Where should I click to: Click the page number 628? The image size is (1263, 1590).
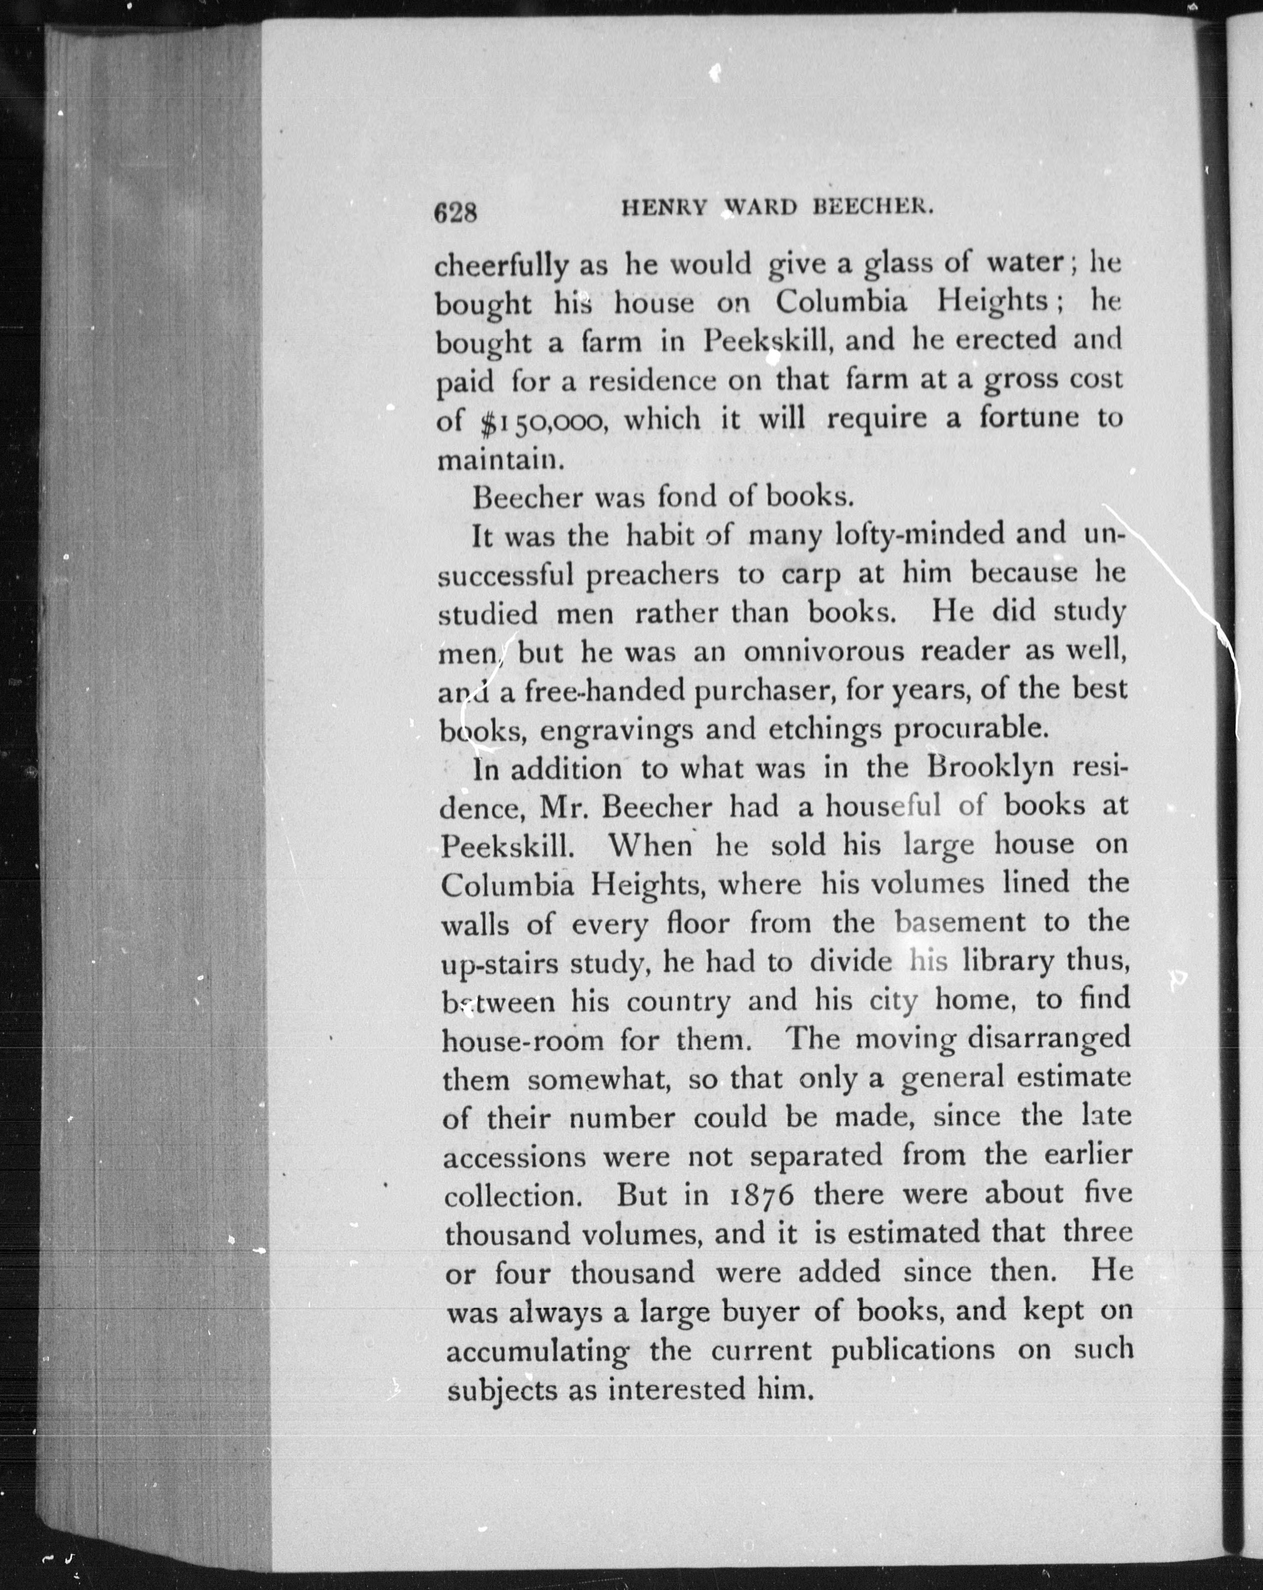click(x=456, y=213)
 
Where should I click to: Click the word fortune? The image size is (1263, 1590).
click(x=1031, y=418)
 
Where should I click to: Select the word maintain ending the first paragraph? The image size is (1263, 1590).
click(x=500, y=460)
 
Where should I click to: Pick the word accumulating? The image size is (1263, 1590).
click(x=538, y=1352)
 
